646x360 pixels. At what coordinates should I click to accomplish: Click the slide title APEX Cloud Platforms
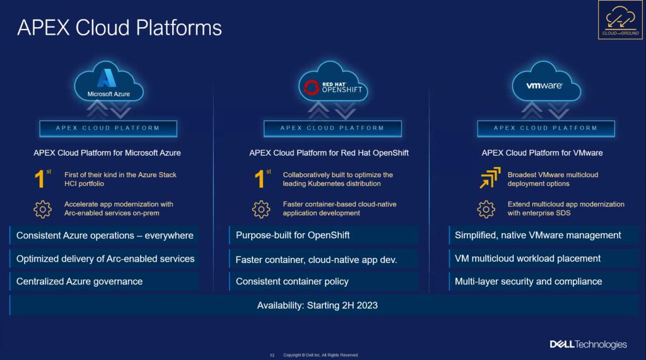click(119, 28)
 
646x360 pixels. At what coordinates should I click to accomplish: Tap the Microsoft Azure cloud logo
click(109, 82)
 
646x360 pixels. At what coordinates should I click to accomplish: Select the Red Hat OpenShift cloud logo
click(333, 82)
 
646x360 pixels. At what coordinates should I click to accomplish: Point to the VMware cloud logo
click(546, 82)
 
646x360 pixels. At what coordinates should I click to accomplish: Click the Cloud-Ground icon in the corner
click(620, 20)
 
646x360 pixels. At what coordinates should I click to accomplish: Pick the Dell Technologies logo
click(589, 344)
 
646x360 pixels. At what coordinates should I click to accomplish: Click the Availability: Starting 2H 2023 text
click(317, 305)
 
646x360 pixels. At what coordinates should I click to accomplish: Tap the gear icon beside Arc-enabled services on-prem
click(42, 209)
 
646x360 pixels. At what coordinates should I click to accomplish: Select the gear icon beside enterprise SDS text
click(486, 209)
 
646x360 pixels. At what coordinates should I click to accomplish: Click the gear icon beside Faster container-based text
click(261, 209)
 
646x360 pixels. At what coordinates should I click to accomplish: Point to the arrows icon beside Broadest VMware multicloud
click(490, 178)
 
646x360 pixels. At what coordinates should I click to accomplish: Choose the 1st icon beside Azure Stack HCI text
click(42, 178)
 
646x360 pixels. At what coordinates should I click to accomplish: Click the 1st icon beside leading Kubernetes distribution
click(262, 178)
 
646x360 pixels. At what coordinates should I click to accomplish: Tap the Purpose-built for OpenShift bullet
click(293, 235)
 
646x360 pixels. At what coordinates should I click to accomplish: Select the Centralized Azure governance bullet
click(79, 281)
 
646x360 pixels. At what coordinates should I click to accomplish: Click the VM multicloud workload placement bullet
click(528, 258)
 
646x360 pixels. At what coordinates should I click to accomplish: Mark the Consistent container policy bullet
click(292, 281)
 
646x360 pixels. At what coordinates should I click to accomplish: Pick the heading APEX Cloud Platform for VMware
click(542, 153)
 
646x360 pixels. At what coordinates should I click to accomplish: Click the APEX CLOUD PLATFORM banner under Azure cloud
click(109, 129)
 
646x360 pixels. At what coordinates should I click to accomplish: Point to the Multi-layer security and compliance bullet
click(529, 281)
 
